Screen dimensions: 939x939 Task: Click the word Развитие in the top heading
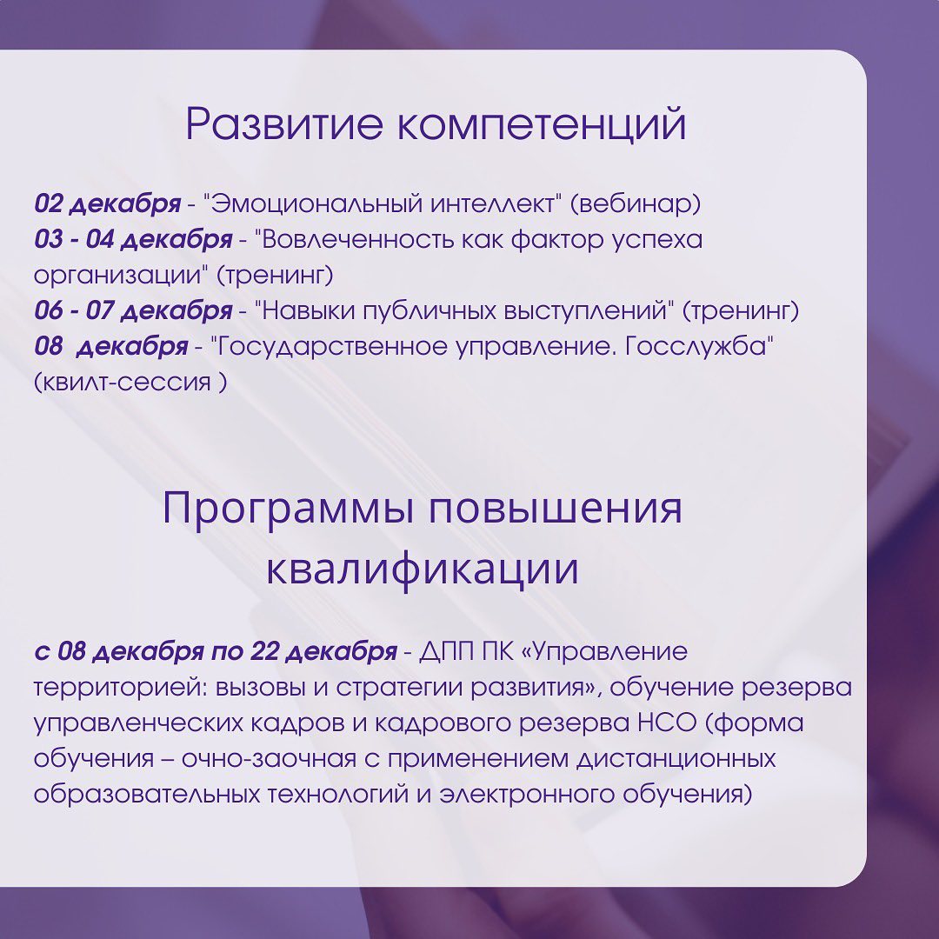point(283,123)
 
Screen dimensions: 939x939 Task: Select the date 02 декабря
point(107,203)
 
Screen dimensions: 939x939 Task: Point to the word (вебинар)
point(636,204)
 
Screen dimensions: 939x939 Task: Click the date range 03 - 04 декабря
point(133,240)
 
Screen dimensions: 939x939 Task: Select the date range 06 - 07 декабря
point(133,310)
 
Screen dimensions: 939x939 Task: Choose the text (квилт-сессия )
point(130,382)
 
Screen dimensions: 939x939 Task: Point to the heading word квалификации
point(423,568)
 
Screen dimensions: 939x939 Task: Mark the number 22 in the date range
point(264,651)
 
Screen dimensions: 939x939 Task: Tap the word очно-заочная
point(269,759)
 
